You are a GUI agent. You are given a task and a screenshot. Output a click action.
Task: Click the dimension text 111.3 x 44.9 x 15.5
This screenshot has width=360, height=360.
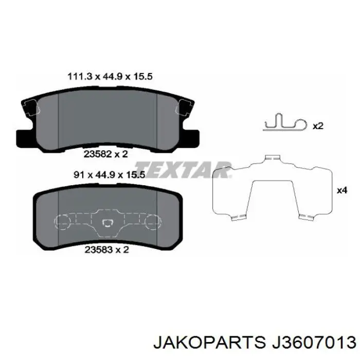click(x=110, y=77)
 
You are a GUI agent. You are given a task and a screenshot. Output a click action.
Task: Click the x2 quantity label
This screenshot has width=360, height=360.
click(x=318, y=125)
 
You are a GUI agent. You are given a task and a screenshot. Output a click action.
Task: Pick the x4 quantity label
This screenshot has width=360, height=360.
click(x=341, y=190)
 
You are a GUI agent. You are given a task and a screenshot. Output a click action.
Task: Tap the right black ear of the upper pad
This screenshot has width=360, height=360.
click(x=191, y=137)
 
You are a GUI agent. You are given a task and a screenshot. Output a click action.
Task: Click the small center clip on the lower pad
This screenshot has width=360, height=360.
click(x=108, y=222)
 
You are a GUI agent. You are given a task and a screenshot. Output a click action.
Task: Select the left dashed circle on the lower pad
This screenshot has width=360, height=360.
click(x=62, y=222)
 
